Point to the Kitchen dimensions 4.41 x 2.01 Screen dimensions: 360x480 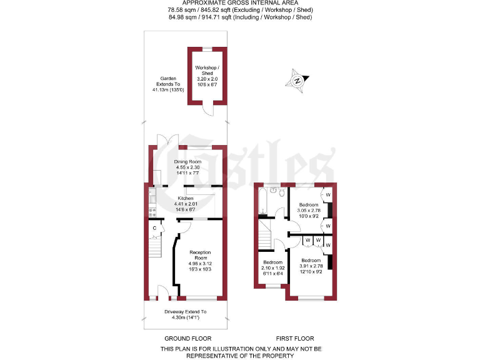click(186, 204)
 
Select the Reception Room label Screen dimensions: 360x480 click(201, 254)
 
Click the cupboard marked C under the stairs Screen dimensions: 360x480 click(154, 228)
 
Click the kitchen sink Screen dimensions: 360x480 click(152, 197)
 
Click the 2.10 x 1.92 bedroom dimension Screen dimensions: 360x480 click(272, 267)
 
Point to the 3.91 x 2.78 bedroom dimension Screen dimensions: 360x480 click(311, 266)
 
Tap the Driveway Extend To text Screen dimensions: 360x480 click(185, 311)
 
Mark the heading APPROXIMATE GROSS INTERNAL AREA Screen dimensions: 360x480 click(241, 4)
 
